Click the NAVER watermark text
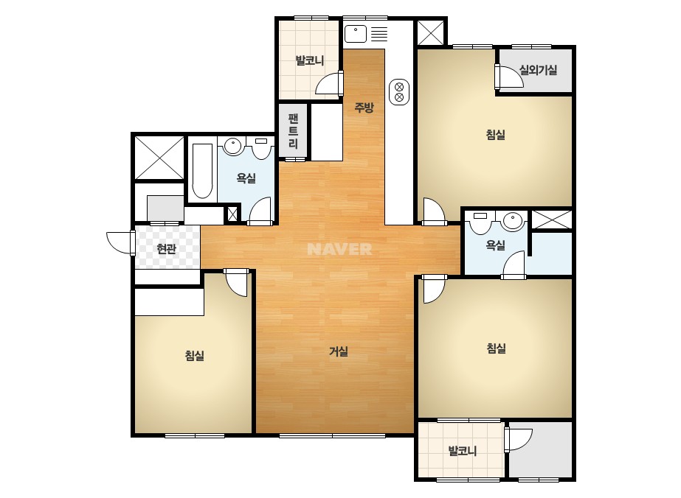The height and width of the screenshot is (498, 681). point(339,249)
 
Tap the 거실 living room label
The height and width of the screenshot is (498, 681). point(339,351)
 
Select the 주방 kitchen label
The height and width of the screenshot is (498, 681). point(364,107)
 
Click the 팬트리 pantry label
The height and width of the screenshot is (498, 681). point(293,131)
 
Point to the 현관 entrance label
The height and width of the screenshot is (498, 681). point(166,248)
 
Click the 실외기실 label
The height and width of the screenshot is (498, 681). point(538,69)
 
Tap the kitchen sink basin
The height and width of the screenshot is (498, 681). point(356,34)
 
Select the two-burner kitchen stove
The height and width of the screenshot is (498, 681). point(399,92)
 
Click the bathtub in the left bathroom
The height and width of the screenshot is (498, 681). point(202,170)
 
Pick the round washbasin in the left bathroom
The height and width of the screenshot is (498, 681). point(233,146)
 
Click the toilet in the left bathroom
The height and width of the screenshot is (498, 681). point(261,147)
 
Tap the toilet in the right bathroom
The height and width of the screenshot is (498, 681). point(480,222)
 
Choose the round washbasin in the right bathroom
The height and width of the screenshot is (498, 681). point(513,220)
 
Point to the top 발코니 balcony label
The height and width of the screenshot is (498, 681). point(310,60)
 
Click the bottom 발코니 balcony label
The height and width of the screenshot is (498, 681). point(463,451)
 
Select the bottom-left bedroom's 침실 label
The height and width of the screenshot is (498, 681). point(195,356)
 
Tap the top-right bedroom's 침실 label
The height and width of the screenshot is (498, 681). point(496,135)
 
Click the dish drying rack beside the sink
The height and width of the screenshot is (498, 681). point(379,34)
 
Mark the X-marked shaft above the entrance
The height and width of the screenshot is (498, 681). point(159,158)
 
